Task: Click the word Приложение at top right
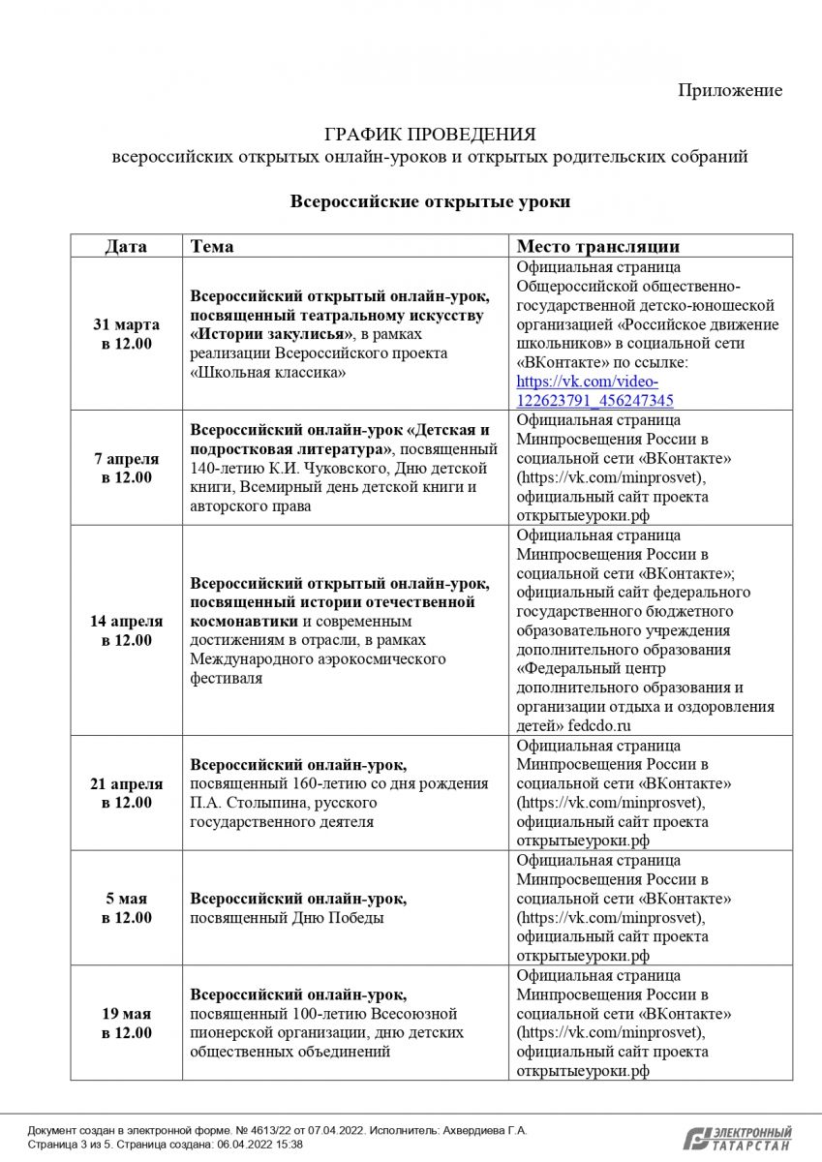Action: (x=730, y=90)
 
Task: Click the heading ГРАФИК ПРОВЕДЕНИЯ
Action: (x=430, y=134)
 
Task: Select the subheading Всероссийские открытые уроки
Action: (x=430, y=201)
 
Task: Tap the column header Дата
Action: (x=126, y=246)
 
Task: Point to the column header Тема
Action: (x=212, y=246)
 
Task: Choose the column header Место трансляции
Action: (x=597, y=246)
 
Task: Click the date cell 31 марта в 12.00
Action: (x=126, y=334)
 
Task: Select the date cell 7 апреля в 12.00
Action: (x=126, y=468)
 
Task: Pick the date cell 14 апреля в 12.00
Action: (x=126, y=630)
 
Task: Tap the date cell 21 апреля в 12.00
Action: (x=126, y=793)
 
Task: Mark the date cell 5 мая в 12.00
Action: (x=126, y=908)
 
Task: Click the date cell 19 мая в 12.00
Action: (x=126, y=1024)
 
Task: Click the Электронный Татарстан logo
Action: (x=738, y=1138)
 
